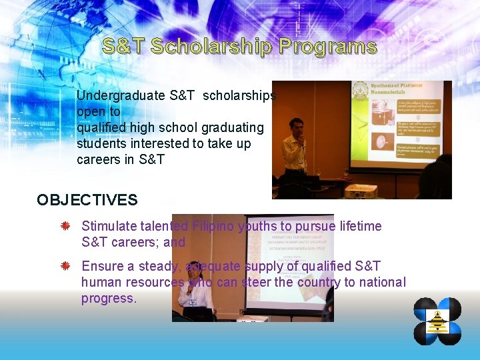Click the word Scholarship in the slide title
tap(211, 47)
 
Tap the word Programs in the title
tap(328, 47)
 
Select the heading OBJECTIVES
tap(87, 199)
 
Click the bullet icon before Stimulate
tap(65, 227)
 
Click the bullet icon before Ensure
tap(65, 267)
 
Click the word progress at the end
tap(107, 298)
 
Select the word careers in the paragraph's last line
tap(98, 159)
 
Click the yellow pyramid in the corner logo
tap(438, 323)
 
